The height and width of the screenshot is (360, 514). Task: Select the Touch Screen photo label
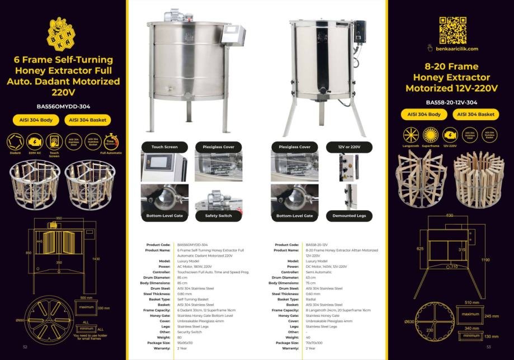pyautogui.click(x=164, y=147)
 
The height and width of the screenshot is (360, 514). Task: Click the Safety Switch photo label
pyautogui.click(x=218, y=215)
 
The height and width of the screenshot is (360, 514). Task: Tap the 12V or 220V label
pyautogui.click(x=349, y=147)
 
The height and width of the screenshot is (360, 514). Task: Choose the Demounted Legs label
pyautogui.click(x=349, y=215)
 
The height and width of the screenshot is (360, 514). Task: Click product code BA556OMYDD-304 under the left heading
pyautogui.click(x=63, y=106)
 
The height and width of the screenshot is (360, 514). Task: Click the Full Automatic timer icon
pyautogui.click(x=111, y=141)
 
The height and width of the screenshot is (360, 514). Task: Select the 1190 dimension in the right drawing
pyautogui.click(x=485, y=260)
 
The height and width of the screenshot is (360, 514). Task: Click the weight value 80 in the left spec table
pyautogui.click(x=180, y=337)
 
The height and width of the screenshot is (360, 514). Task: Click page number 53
pyautogui.click(x=488, y=347)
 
